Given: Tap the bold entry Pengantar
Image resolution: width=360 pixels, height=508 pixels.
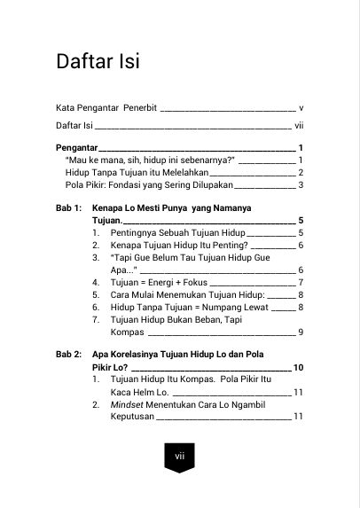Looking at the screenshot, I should tap(75, 147).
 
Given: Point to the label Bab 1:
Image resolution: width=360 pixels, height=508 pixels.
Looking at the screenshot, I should tap(69, 207).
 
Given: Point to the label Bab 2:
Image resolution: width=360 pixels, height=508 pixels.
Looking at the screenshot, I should tap(69, 354).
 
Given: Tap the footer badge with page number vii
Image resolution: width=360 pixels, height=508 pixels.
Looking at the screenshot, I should tap(179, 457).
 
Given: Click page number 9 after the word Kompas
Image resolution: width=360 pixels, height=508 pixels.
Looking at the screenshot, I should tap(301, 332).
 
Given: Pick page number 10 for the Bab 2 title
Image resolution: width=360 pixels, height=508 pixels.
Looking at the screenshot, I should tap(299, 366).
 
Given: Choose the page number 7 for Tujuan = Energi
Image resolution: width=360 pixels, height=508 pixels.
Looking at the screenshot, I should tap(301, 282).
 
